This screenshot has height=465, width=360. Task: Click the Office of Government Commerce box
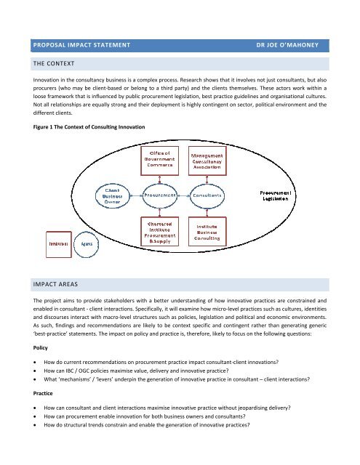(x=159, y=158)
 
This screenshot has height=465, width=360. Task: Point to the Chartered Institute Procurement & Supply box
(x=159, y=232)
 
